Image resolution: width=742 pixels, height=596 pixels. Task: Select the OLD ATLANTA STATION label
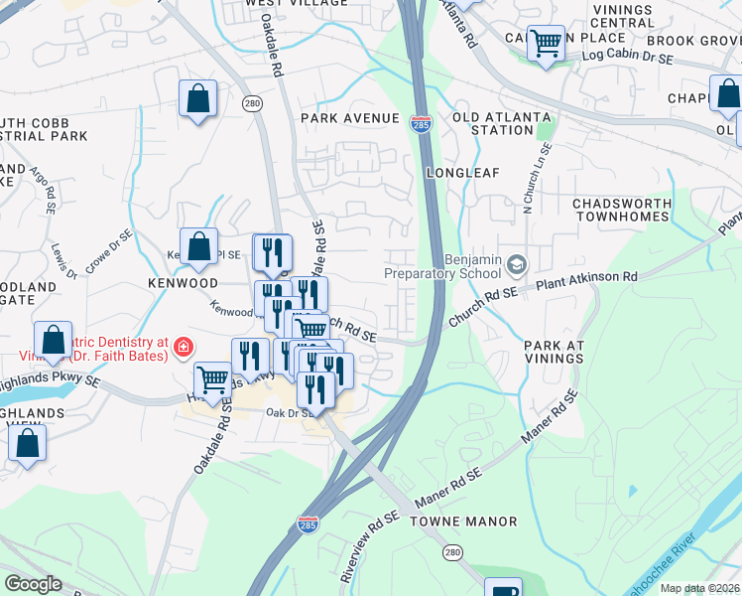pos(501,123)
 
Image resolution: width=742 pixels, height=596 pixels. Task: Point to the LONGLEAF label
pos(459,172)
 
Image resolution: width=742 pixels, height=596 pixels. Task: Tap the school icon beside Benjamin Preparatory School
pos(516,264)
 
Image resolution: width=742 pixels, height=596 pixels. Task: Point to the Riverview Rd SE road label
pos(368,547)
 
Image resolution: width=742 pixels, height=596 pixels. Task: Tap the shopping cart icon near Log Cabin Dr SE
pos(546,43)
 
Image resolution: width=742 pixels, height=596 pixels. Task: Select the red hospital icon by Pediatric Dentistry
pos(183,347)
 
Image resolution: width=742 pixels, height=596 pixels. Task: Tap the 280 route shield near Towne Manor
pos(452,551)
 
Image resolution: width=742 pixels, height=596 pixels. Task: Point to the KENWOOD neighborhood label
pos(183,283)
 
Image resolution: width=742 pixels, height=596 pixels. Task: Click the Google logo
pos(34,584)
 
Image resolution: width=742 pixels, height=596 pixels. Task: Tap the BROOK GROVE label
pos(693,41)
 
